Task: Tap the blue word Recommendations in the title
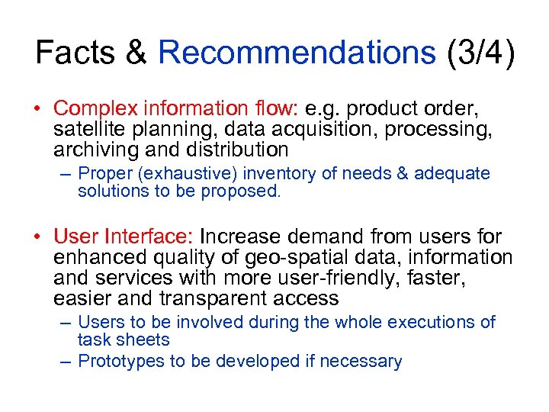[297, 53]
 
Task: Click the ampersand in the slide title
[134, 53]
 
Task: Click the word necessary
[364, 361]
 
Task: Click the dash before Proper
[66, 174]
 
